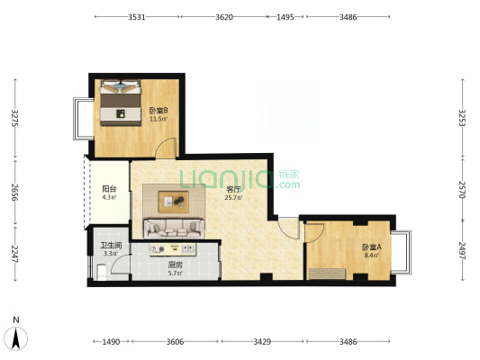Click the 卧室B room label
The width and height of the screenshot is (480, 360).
[x=158, y=110]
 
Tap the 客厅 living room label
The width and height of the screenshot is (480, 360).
[x=233, y=190]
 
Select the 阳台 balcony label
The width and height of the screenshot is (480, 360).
[x=109, y=189]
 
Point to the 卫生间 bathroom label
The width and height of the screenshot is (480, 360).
[x=111, y=246]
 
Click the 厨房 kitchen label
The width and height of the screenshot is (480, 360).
[x=175, y=265]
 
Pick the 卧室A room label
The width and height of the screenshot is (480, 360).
[x=371, y=247]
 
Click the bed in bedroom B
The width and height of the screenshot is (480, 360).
[x=121, y=103]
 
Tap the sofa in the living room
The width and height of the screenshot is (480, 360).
[x=174, y=229]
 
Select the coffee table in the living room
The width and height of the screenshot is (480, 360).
[x=173, y=202]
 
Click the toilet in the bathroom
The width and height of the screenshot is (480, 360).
[x=102, y=272]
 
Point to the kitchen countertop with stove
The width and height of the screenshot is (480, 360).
[x=172, y=249]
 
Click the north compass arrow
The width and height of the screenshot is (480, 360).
[x=16, y=338]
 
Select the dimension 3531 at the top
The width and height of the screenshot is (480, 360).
[x=137, y=17]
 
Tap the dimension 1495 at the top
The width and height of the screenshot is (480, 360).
[x=285, y=17]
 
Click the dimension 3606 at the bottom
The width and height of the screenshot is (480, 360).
[x=175, y=341]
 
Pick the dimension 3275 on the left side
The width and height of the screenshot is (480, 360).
[x=15, y=118]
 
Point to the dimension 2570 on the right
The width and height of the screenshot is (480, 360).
[x=462, y=190]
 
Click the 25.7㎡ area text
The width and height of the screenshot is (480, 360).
[x=233, y=198]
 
